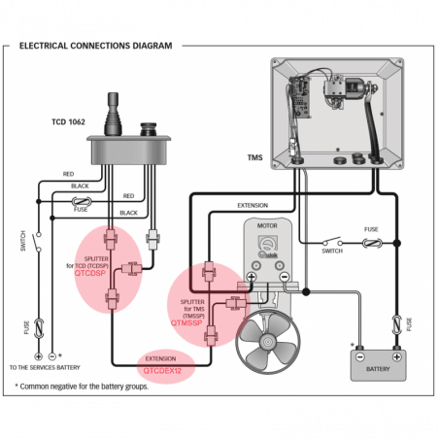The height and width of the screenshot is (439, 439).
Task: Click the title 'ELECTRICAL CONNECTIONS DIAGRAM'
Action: coord(95,46)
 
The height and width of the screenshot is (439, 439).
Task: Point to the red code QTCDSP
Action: coord(90,274)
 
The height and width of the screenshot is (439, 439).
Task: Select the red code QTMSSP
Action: coord(187,321)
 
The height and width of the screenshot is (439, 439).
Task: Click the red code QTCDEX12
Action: coord(163,369)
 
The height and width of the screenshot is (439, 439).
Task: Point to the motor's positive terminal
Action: coord(250,278)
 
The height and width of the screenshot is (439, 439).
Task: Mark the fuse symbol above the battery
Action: coord(394,321)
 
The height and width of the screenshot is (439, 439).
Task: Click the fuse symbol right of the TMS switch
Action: coord(371,242)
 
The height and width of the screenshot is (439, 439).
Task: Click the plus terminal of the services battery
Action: coord(39,356)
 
